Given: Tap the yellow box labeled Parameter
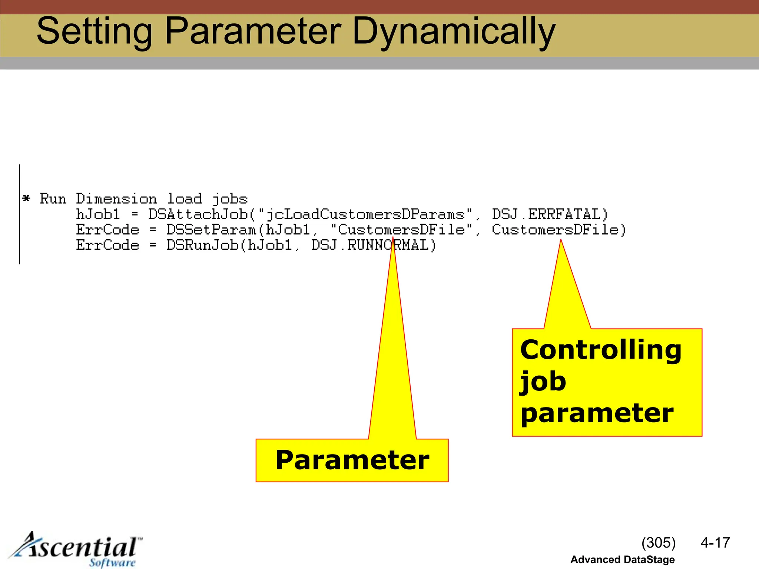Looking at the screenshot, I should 352,460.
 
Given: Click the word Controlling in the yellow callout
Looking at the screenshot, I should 600,350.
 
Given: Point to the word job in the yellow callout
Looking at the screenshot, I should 543,382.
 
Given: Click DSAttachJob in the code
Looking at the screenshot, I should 198,214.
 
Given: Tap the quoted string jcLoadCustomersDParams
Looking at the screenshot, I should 365,214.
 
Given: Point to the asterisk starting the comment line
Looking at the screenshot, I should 26,199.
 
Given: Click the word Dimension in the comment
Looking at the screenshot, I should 116,199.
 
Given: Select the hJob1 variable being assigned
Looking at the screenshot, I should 98,214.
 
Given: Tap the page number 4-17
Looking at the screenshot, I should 715,543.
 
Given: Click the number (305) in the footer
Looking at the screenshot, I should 659,543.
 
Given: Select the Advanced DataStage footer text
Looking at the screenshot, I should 622,560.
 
